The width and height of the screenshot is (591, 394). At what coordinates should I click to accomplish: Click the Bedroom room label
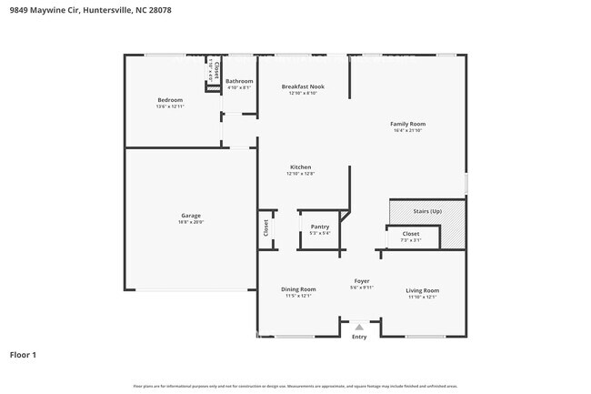pyautogui.click(x=170, y=99)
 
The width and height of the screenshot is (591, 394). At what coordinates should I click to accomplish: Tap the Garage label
pyautogui.click(x=191, y=216)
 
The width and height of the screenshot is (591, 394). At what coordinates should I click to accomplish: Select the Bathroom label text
pyautogui.click(x=240, y=81)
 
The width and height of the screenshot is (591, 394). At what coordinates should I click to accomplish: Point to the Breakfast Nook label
pyautogui.click(x=303, y=86)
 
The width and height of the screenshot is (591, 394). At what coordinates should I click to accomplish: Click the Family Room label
pyautogui.click(x=408, y=124)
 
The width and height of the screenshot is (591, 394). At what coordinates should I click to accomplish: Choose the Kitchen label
pyautogui.click(x=301, y=167)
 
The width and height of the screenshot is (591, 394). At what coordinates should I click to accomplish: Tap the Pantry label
pyautogui.click(x=320, y=227)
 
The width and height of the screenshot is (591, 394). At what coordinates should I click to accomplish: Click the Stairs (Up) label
pyautogui.click(x=427, y=211)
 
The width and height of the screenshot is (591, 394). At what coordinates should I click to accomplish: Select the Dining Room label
pyautogui.click(x=298, y=289)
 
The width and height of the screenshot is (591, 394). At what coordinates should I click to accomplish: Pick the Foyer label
pyautogui.click(x=362, y=281)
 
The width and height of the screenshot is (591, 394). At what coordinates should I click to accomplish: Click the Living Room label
pyautogui.click(x=423, y=290)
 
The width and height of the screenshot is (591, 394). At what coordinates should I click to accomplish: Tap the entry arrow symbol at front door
pyautogui.click(x=359, y=327)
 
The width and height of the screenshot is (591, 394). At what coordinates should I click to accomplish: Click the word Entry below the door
pyautogui.click(x=359, y=337)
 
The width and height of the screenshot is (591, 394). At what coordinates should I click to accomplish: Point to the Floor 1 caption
pyautogui.click(x=24, y=354)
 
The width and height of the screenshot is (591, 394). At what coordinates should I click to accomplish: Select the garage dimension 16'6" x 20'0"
pyautogui.click(x=191, y=222)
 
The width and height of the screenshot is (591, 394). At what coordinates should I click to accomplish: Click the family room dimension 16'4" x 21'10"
pyautogui.click(x=408, y=130)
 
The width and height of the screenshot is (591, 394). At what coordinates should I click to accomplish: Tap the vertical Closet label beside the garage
pyautogui.click(x=265, y=227)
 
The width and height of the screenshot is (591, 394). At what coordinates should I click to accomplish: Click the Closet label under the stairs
pyautogui.click(x=411, y=234)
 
